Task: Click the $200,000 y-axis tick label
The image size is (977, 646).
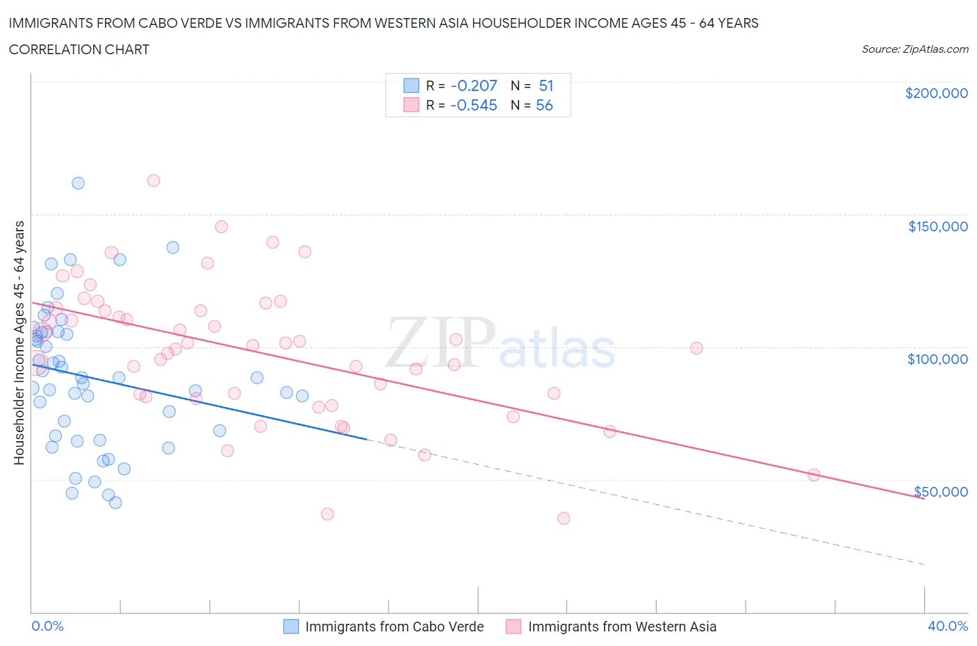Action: pos(936,93)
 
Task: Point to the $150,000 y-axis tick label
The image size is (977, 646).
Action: pos(937,226)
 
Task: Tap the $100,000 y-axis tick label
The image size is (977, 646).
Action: pos(937,359)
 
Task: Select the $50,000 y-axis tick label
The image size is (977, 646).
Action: pos(940,492)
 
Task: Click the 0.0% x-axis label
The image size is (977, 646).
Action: pos(47,626)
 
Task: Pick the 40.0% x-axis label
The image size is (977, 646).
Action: pos(948,626)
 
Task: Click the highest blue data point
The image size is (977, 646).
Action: pos(78,183)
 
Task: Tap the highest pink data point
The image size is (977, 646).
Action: pos(154,181)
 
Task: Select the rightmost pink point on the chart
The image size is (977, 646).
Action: pos(814,475)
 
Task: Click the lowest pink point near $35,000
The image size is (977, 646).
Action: pos(564,518)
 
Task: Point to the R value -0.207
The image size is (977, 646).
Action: pos(474,85)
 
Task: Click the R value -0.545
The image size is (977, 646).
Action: pos(474,106)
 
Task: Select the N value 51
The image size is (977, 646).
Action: pos(546,85)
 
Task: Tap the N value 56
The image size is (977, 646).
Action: pos(544,106)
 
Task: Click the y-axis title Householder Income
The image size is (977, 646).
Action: pos(19,342)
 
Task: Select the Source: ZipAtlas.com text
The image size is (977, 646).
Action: pos(914,49)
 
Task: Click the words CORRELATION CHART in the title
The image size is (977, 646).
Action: pos(79,49)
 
